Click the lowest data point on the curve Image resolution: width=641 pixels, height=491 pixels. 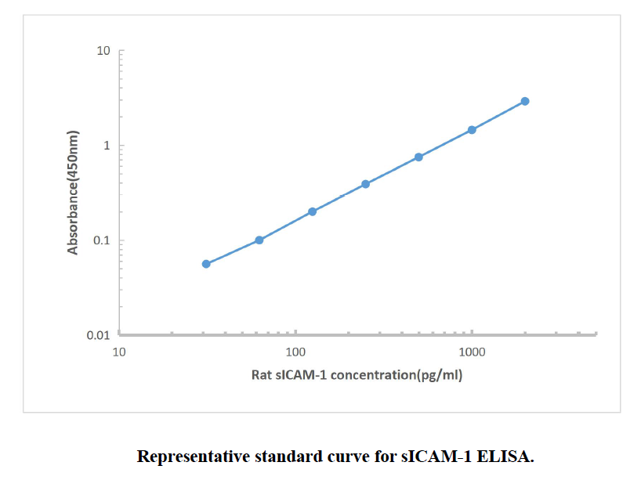coord(206,264)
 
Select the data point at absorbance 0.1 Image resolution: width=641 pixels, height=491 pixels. coord(259,240)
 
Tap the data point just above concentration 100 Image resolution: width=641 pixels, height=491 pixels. coord(312,211)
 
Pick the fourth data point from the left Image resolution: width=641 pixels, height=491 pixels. coord(365,184)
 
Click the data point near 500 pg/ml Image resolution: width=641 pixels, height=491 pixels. coord(418,157)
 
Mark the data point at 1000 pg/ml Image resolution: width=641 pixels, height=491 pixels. coord(472,130)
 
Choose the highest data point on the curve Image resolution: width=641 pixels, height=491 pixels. coord(525,101)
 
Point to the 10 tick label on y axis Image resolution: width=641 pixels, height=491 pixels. coord(103,52)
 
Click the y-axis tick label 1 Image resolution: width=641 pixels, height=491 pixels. coord(106,146)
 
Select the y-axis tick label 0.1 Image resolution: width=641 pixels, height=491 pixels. coord(101,241)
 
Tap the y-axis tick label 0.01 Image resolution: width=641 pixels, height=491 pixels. coord(98,335)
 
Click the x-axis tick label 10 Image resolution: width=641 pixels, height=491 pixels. coord(119,352)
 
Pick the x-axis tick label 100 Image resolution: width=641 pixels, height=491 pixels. coord(295,352)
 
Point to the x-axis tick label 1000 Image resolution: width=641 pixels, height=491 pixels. coord(472,352)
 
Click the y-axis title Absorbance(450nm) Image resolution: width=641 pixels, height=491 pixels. coord(73,193)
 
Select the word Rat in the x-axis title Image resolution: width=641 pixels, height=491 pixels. coord(261,374)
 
